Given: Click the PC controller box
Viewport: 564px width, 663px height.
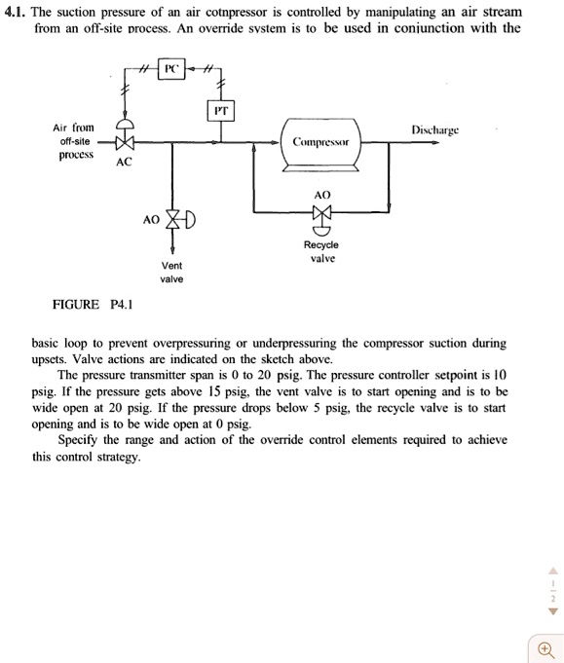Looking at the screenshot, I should point(171,70).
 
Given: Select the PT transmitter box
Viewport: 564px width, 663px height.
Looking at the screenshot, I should point(221,111).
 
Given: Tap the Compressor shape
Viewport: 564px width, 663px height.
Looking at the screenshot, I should point(320,142).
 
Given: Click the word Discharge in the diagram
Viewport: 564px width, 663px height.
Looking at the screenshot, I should point(434,129).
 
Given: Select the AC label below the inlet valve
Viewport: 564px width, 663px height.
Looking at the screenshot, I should point(124,163).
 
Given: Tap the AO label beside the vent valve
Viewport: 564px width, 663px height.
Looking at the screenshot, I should point(150,220).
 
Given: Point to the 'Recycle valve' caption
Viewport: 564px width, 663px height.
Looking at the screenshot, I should point(320,251).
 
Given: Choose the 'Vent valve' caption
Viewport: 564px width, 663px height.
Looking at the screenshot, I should point(171,272).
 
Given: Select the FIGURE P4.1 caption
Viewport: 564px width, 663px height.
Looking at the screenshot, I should point(93,304).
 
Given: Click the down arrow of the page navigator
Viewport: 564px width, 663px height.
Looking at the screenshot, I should point(552,612).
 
